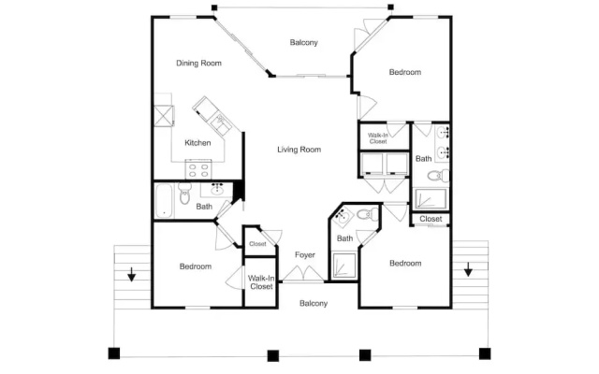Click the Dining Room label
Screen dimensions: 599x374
(x=198, y=63)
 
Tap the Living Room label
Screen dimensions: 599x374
(x=299, y=150)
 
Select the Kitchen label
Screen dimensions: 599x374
(x=197, y=143)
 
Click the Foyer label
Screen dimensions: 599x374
(x=305, y=255)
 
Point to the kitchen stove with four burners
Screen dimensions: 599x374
(x=198, y=169)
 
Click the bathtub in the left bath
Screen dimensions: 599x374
(x=165, y=201)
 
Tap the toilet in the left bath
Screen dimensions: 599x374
(x=184, y=194)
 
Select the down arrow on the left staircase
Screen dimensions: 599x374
(x=131, y=274)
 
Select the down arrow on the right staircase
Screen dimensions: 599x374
(x=468, y=269)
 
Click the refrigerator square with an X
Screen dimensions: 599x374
(x=163, y=116)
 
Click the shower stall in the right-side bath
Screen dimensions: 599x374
(x=431, y=198)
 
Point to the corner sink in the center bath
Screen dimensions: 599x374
(x=342, y=217)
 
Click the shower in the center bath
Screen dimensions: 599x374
(x=344, y=266)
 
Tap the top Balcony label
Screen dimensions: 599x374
(x=303, y=42)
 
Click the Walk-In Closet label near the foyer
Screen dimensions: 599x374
(x=261, y=282)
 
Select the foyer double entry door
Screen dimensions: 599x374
(x=303, y=274)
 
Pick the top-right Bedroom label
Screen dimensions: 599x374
(x=405, y=72)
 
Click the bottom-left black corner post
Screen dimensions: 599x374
(x=114, y=353)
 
